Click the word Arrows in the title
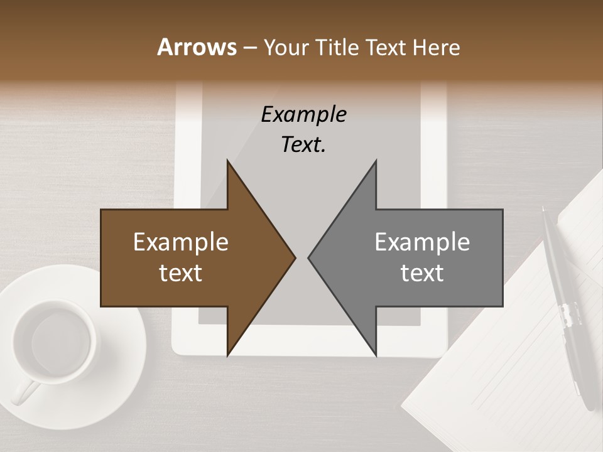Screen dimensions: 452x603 click(x=197, y=47)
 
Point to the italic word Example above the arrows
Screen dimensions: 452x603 click(x=303, y=115)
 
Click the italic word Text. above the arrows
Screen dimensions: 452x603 click(x=303, y=145)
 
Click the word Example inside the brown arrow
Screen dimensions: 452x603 click(x=181, y=242)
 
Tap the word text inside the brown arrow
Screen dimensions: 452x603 click(x=181, y=273)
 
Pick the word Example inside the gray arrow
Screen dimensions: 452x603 click(x=422, y=242)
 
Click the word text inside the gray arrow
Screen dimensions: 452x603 click(x=422, y=273)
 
